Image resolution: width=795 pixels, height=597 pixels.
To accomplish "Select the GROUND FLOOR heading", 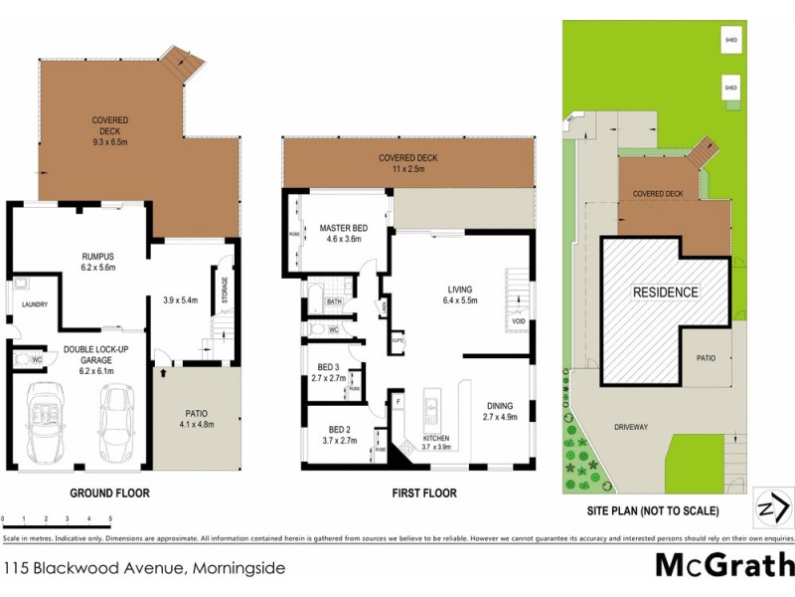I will click(109, 493).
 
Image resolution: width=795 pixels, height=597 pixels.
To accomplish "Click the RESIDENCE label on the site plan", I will click(666, 293).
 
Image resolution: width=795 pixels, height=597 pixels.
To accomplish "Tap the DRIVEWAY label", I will click(630, 427).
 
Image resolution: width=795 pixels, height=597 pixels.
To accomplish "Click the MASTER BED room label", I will click(344, 229).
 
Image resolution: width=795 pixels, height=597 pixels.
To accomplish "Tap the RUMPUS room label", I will click(97, 256).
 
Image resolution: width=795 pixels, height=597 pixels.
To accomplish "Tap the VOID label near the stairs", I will click(518, 321).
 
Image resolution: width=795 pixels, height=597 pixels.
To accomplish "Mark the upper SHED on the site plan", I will click(731, 41).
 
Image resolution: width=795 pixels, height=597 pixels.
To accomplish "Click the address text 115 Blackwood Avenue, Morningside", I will click(144, 569).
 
